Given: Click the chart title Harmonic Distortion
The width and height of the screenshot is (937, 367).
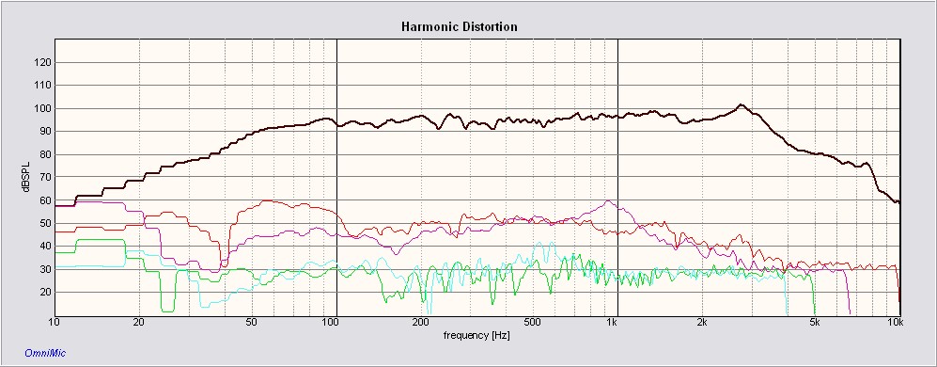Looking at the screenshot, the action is (459, 27).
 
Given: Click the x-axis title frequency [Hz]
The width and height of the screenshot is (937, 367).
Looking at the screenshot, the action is (476, 336).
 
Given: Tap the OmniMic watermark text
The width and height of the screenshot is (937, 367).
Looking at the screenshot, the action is (45, 353).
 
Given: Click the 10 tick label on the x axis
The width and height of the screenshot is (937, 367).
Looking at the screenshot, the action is (55, 323).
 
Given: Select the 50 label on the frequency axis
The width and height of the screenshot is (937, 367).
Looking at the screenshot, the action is (252, 323).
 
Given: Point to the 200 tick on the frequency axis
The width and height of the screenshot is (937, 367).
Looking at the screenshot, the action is (421, 323).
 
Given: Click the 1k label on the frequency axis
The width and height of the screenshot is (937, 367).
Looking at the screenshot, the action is (611, 323).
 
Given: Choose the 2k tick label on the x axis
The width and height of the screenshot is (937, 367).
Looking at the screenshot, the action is (702, 323).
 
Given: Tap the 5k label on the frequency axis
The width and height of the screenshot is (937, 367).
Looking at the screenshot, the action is (814, 323).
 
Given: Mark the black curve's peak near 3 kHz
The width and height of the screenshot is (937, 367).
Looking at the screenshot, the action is (741, 104).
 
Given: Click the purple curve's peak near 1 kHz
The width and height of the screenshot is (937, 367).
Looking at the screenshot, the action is (608, 201).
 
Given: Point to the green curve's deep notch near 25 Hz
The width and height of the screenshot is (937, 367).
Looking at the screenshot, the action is (168, 311).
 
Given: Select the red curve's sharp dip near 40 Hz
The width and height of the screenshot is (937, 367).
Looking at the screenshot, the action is (224, 265).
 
